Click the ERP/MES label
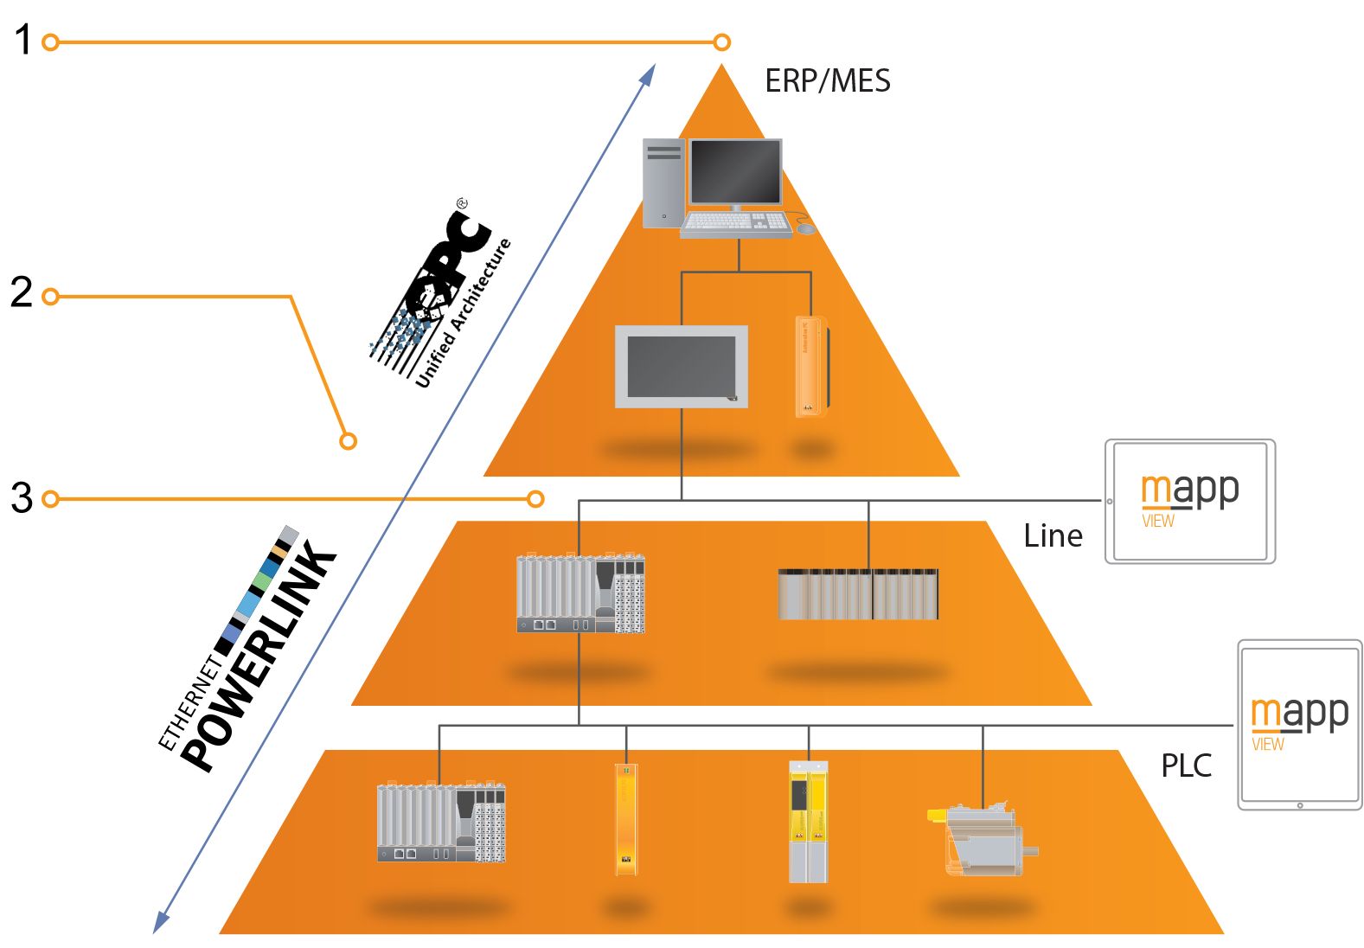pos(827,81)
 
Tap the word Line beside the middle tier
pos(1053,536)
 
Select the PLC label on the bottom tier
pos(1186,765)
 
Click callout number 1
pos(22,41)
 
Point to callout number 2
pos(22,292)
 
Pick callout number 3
pos(22,498)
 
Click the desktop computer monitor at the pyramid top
pos(735,174)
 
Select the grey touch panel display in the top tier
pos(682,367)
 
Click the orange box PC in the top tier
pos(810,367)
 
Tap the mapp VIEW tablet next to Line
pos(1190,502)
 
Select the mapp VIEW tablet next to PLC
pos(1299,725)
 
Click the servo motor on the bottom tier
pos(983,839)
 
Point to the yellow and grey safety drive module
pos(808,822)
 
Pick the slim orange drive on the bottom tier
pos(626,818)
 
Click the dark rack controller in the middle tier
pos(858,594)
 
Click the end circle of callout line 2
pos(348,441)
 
